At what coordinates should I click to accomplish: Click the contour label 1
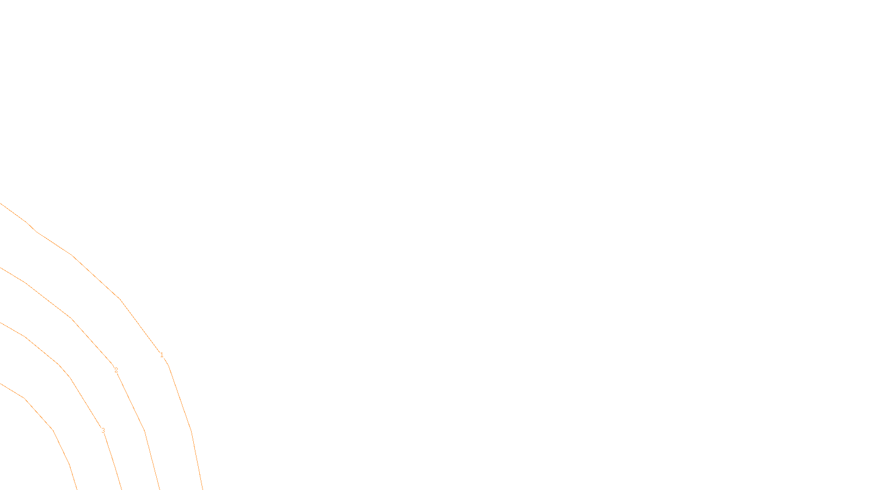pos(162,355)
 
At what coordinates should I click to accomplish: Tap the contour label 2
pos(116,370)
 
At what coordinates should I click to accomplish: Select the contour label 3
pos(103,431)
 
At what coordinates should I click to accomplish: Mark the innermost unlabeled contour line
pos(53,430)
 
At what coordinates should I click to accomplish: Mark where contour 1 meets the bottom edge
pos(203,488)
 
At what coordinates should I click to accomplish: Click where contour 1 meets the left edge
pos(1,204)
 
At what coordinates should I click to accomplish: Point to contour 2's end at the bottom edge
pos(160,488)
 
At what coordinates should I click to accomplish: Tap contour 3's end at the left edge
pos(1,323)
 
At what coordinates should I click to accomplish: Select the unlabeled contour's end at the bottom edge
pos(77,488)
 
